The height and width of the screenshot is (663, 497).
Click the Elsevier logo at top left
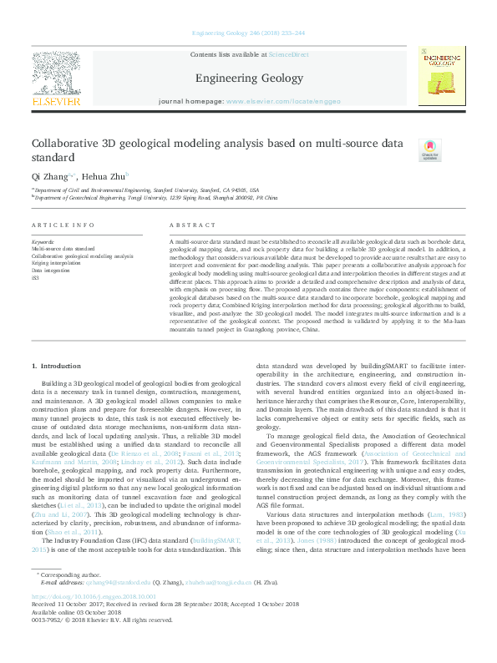point(56,79)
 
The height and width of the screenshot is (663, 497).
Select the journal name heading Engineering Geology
point(248,78)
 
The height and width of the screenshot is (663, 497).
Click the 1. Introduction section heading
point(56,367)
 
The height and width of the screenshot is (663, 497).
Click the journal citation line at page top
point(248,33)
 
